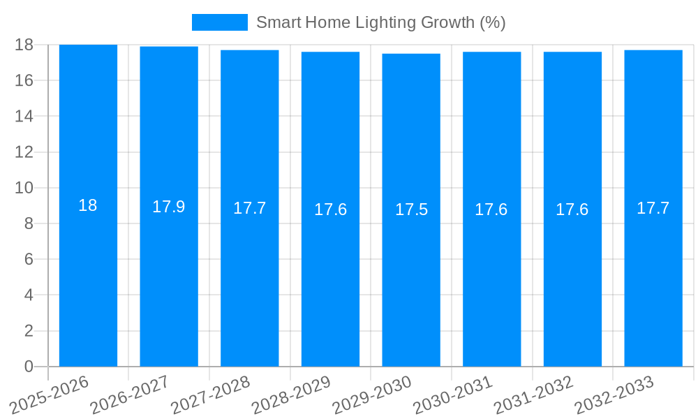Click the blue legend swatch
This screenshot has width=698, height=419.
click(219, 22)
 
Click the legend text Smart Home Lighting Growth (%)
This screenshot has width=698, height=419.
click(380, 22)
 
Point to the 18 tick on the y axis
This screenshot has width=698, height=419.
click(24, 45)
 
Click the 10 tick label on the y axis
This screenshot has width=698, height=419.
click(24, 188)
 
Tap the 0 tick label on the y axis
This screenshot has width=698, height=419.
click(29, 367)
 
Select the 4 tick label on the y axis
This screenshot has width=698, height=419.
click(29, 295)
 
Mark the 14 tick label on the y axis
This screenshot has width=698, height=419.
click(24, 116)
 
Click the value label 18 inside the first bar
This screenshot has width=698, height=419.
click(88, 206)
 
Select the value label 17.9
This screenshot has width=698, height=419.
click(169, 207)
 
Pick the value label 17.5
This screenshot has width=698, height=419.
click(411, 209)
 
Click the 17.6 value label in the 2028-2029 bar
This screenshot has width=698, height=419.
click(330, 209)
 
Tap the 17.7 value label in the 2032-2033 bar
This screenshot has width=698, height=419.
click(653, 208)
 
